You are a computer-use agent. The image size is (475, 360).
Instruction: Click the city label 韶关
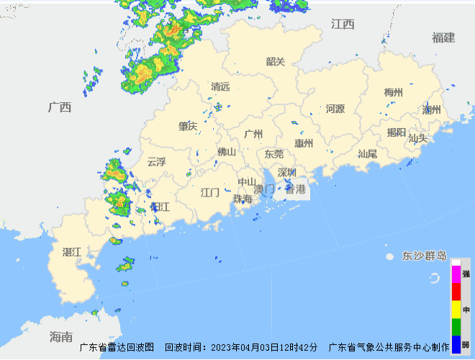[x=276, y=61]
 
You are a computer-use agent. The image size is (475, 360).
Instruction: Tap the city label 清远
[x=220, y=86]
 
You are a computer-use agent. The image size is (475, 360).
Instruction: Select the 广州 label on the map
[x=253, y=134]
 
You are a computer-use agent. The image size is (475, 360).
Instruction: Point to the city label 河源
[x=335, y=109]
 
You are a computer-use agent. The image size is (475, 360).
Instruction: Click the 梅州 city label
[x=393, y=92]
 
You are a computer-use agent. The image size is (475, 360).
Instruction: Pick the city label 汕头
[x=417, y=138]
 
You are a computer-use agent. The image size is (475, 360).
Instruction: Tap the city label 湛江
[x=72, y=252]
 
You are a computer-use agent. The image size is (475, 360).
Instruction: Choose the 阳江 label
[x=160, y=207]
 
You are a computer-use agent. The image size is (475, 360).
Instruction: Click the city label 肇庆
[x=188, y=126]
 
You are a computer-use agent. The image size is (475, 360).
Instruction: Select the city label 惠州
[x=304, y=143]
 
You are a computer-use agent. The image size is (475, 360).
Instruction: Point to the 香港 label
[x=295, y=190]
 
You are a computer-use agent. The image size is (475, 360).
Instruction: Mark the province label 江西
[x=343, y=24]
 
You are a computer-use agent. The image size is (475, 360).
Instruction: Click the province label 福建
[x=443, y=37]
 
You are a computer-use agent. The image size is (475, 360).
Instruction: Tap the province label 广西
[x=60, y=107]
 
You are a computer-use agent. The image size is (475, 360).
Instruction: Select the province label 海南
[x=61, y=336]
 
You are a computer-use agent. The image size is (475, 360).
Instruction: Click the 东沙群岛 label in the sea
[x=425, y=256]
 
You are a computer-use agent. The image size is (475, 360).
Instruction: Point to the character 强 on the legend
[x=466, y=274]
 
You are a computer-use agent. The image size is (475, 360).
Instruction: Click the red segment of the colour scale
[x=456, y=292]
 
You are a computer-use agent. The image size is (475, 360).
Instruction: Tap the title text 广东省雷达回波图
[x=117, y=347]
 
